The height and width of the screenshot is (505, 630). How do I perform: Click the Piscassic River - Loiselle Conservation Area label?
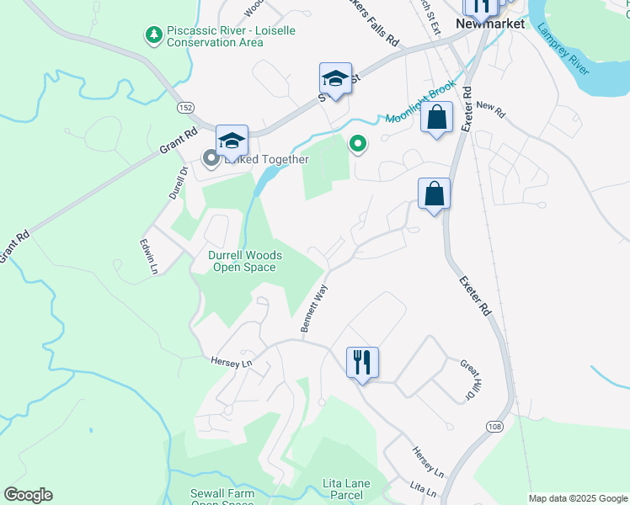pos(215,36)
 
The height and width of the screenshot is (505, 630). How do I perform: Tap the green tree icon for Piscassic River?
pos(154,35)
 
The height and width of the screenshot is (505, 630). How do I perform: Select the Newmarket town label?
pos(490,24)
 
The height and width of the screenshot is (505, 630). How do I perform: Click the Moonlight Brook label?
pos(420,103)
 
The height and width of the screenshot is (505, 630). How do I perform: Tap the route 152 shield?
pos(186,108)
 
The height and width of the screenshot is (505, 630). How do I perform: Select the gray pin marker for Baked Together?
pos(209,158)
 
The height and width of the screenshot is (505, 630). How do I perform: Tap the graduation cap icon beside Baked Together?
pos(232,141)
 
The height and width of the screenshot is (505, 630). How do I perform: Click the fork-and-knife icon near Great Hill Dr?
pos(362,363)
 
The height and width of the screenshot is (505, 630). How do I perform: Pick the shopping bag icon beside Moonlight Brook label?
pos(437,118)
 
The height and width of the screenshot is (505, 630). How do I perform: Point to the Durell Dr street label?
pos(177,182)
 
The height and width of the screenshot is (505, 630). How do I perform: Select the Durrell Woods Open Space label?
pos(244,261)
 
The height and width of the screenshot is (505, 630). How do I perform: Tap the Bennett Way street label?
pos(314,307)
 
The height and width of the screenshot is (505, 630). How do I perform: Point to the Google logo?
pos(29,494)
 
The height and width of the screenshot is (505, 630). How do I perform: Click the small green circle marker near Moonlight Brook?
pos(358,145)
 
